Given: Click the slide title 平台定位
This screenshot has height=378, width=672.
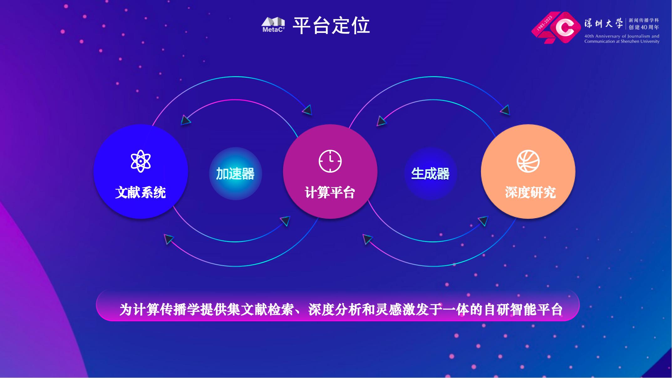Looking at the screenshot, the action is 331,25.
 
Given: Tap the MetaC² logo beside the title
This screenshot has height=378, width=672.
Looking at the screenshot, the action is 273,25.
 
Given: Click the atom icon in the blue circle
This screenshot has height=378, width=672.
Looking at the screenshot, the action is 141,161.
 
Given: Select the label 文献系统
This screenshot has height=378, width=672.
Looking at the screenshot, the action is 140,192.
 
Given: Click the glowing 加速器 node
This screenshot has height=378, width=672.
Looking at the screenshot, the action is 235,174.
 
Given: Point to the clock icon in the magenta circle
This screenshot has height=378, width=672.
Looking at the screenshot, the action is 330,161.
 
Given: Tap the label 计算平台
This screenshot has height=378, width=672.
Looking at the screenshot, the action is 330,192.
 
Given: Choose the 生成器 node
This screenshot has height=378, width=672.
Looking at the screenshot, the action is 430,174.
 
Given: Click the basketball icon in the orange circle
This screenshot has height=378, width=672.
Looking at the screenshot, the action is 528,161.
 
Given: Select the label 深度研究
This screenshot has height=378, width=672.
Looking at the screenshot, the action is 530,192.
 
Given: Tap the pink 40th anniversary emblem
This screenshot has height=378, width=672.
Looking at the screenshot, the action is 557,28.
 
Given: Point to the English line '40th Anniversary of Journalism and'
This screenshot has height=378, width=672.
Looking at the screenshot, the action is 622,36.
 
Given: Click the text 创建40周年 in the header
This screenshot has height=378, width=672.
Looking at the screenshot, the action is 644,27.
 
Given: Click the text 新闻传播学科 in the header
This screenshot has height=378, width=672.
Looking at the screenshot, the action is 644,20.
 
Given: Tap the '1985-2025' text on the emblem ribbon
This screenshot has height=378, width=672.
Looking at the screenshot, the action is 545,23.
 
